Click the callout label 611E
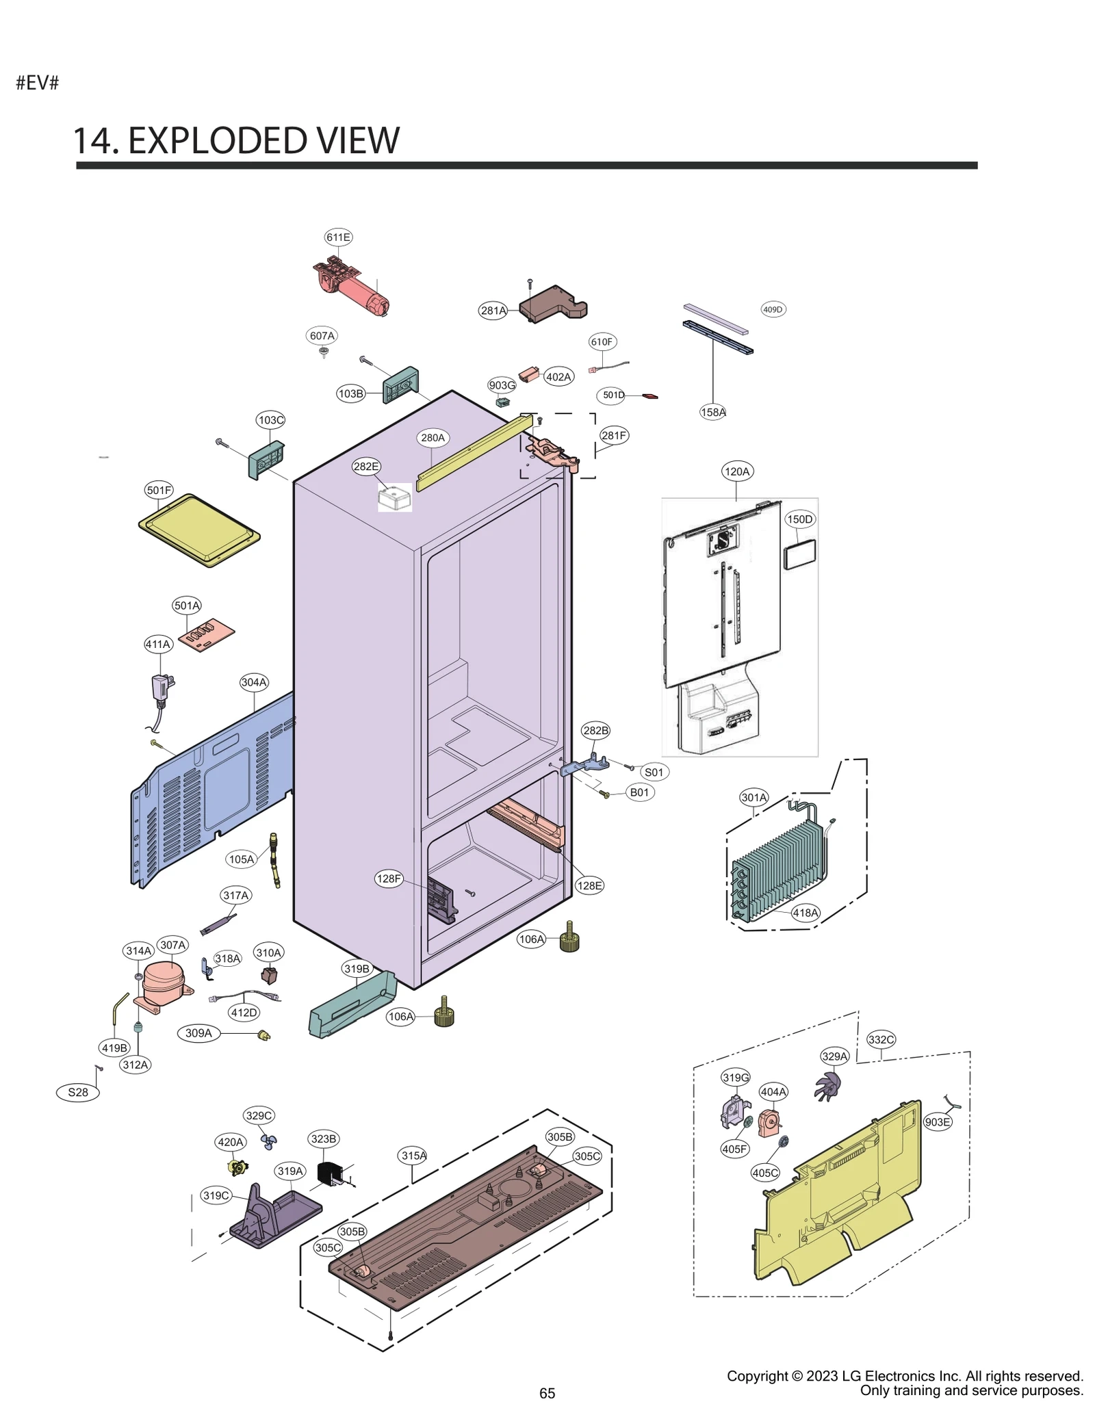[x=338, y=237]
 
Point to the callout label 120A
[x=736, y=471]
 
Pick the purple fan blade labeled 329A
[x=827, y=1085]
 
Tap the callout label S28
[x=78, y=1092]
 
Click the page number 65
[x=547, y=1393]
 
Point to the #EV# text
[x=38, y=83]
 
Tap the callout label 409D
[x=773, y=309]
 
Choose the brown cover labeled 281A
[x=553, y=305]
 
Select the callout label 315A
[x=413, y=1156]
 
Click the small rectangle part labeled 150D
[x=799, y=554]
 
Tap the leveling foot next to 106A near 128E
[x=569, y=939]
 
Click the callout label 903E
[x=938, y=1121]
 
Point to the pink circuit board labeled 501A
[x=206, y=635]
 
